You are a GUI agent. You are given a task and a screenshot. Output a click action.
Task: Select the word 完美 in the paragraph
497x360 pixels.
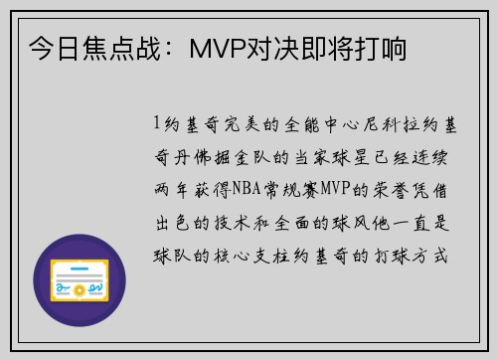pos(232,124)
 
